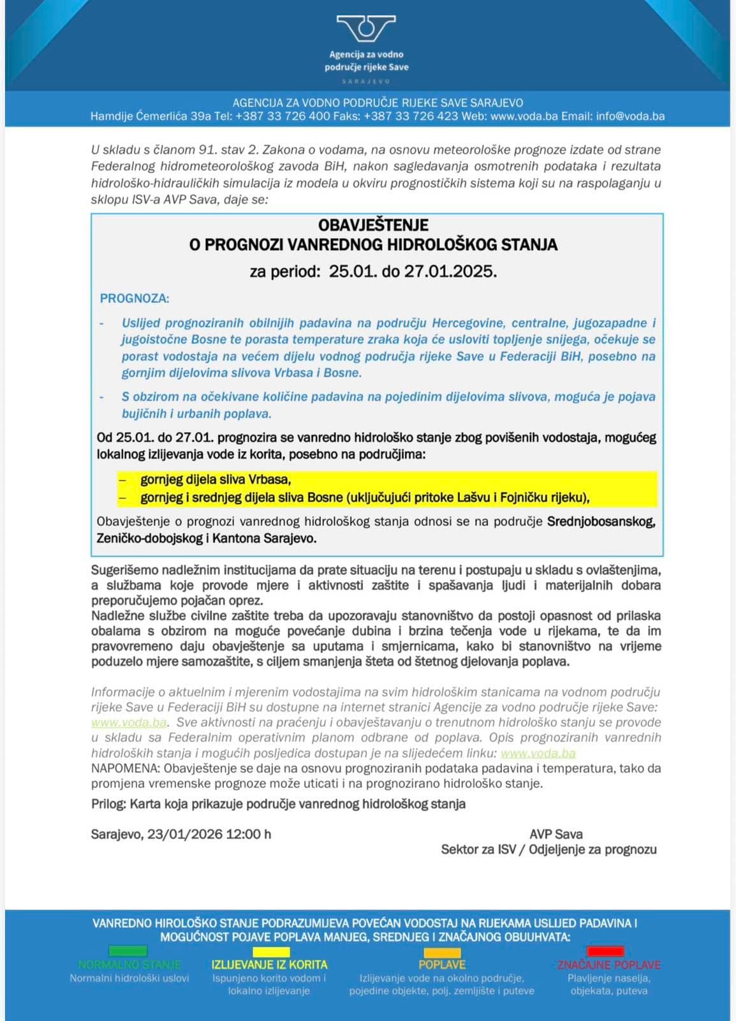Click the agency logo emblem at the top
click(x=366, y=29)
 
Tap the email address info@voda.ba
click(x=630, y=116)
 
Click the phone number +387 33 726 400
click(x=283, y=116)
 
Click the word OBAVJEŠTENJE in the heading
click(x=373, y=225)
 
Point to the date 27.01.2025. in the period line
click(x=450, y=271)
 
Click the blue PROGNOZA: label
click(x=135, y=298)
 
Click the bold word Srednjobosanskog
click(x=601, y=521)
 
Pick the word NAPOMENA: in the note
click(x=126, y=768)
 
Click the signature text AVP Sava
click(x=556, y=834)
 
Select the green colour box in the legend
click(x=128, y=951)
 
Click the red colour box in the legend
click(x=605, y=951)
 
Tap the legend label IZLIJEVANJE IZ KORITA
click(x=269, y=965)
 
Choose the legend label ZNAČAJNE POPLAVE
click(x=609, y=965)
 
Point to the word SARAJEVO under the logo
click(x=366, y=81)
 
